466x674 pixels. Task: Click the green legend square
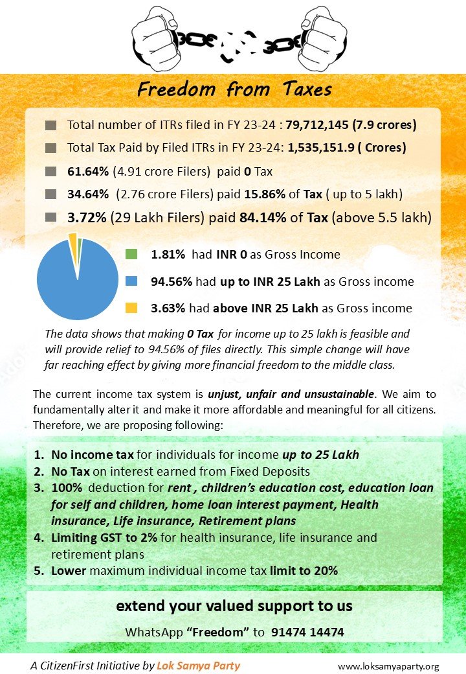pos(131,255)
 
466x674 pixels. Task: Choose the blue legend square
pos(131,282)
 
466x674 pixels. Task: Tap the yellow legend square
pos(131,308)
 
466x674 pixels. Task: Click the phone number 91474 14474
pos(307,632)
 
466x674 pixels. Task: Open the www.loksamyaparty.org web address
pos(388,666)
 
